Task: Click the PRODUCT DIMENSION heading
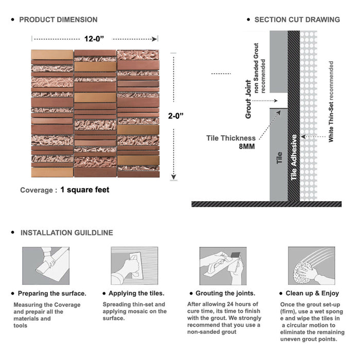[58, 20]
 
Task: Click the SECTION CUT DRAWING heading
[297, 20]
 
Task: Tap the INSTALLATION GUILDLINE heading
[66, 232]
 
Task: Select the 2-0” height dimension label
[175, 116]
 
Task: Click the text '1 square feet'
[85, 190]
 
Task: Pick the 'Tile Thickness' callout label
[231, 138]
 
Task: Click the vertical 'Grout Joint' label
[249, 99]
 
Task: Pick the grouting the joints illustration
[221, 266]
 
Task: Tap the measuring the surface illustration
[45, 266]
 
